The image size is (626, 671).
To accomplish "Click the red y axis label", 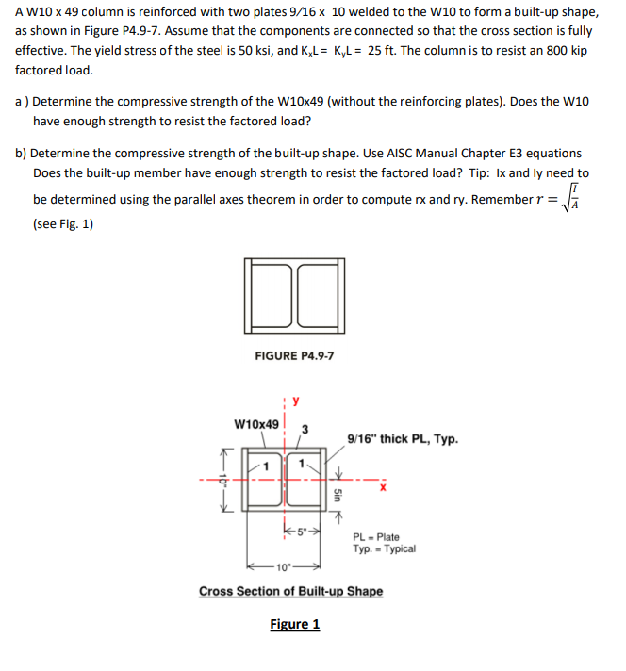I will coord(294,401).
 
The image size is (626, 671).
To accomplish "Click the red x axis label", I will coord(385,487).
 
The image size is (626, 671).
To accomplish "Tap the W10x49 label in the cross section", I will coord(256,424).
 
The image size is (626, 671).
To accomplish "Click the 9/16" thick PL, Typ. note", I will coord(403,438).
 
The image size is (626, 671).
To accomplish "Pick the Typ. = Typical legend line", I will coord(385,548).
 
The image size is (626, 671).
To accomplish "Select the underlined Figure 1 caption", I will coord(294,624).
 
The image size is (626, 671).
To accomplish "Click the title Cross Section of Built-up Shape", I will coord(290,591).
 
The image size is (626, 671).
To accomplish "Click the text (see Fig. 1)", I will coord(63,224).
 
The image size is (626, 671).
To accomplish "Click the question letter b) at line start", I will coord(22,153).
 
